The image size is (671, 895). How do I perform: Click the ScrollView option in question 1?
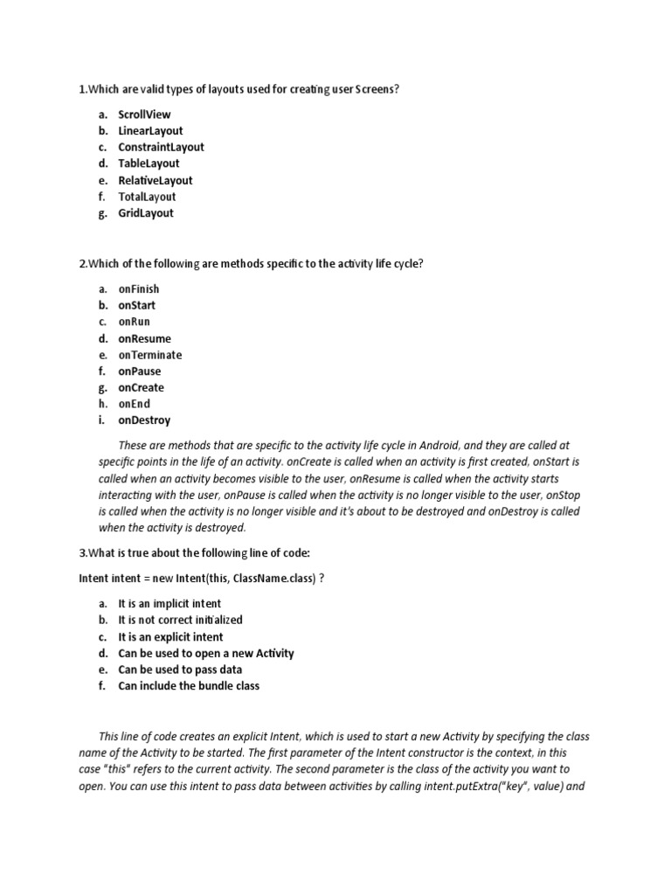point(144,114)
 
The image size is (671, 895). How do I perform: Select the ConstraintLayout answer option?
point(161,148)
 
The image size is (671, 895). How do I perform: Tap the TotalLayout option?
point(147,197)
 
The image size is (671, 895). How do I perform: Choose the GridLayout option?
point(146,213)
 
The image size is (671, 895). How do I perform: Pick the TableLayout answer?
point(149,163)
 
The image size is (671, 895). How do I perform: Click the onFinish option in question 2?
point(139,289)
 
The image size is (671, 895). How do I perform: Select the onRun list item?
point(134,322)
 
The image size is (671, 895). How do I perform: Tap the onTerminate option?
point(150,355)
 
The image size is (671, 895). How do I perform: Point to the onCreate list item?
point(141,388)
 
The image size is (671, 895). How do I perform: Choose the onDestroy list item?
point(144,420)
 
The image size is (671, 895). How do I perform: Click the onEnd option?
point(134,404)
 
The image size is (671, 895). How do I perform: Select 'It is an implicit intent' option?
point(169,604)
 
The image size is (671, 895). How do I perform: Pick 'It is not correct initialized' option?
point(180,620)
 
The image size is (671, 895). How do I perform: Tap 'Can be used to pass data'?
point(180,670)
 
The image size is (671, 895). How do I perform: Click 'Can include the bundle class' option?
point(189,686)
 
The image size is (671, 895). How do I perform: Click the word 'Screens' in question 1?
point(377,90)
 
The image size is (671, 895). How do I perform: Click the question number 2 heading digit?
point(81,264)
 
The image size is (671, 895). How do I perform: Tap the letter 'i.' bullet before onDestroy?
point(101,420)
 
